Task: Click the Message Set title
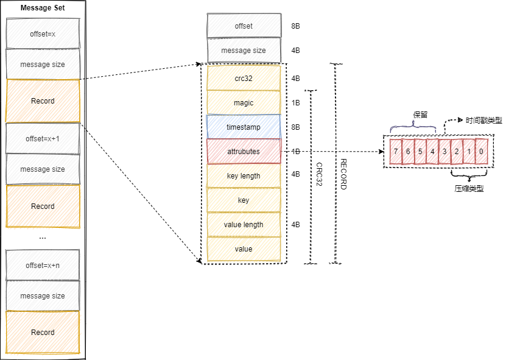click(x=43, y=8)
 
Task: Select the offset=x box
click(x=43, y=34)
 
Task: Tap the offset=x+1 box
click(x=43, y=139)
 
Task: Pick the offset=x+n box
click(x=43, y=265)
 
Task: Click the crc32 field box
click(x=244, y=79)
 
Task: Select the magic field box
click(x=244, y=103)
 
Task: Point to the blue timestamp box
click(x=244, y=127)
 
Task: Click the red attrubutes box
click(x=244, y=152)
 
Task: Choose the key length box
click(x=244, y=176)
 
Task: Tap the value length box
click(x=244, y=225)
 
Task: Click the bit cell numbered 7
click(x=396, y=151)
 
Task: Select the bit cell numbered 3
click(x=445, y=151)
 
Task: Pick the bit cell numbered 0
click(x=481, y=151)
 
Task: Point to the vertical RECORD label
click(x=343, y=174)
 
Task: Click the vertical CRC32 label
click(x=319, y=177)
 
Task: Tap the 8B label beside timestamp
click(x=296, y=127)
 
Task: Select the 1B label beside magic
click(x=296, y=103)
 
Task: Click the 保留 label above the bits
click(x=420, y=115)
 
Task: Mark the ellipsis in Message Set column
click(x=43, y=237)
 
